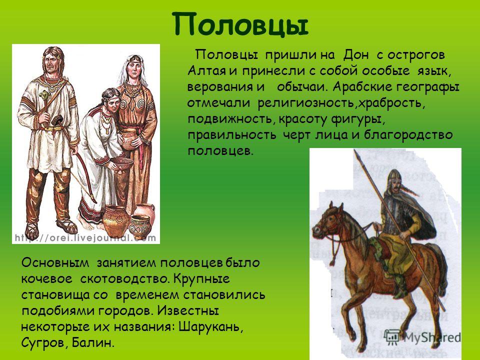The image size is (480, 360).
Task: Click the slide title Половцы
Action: point(240,25)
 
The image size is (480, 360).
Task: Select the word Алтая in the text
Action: point(207,71)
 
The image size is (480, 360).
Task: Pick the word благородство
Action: point(408,135)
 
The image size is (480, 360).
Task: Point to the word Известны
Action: point(188,310)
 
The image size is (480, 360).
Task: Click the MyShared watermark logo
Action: point(422,337)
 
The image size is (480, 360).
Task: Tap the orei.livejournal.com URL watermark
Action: point(85,238)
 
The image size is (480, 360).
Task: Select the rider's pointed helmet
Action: point(395,177)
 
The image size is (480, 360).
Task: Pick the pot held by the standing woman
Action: point(129,138)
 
